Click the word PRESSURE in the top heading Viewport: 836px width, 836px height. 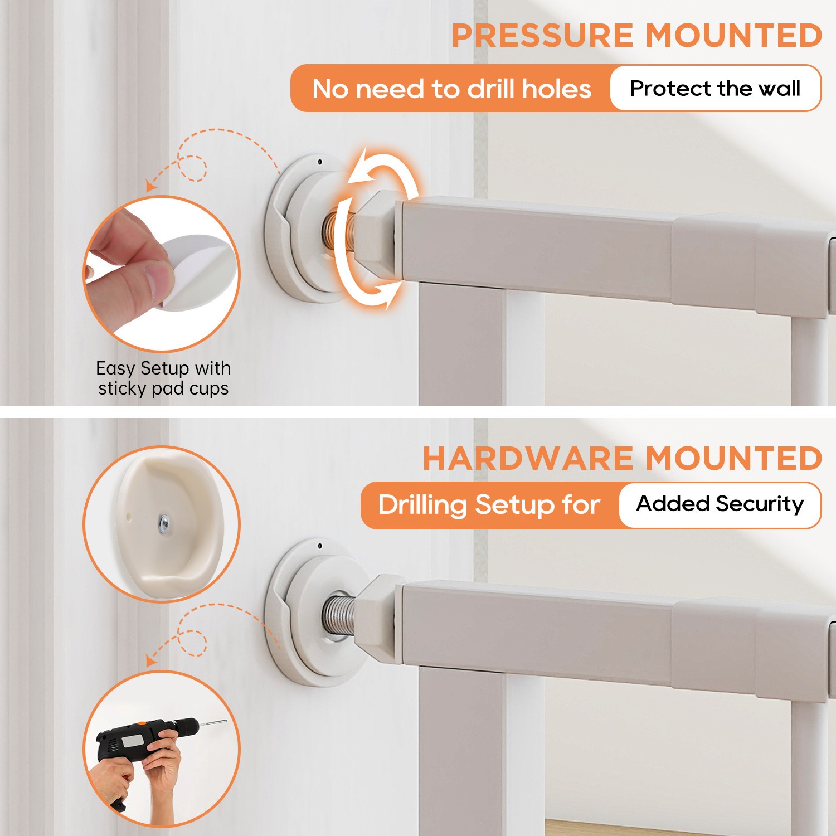click(x=542, y=36)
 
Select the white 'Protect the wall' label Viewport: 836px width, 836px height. click(x=715, y=88)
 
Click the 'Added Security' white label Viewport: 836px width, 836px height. click(x=720, y=504)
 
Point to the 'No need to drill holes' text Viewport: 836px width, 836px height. click(x=451, y=89)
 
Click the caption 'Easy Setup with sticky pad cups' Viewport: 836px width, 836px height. click(x=163, y=378)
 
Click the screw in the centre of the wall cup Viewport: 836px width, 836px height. click(x=164, y=524)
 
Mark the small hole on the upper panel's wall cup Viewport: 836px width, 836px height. click(x=320, y=162)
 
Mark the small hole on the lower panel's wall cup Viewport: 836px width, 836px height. click(x=320, y=546)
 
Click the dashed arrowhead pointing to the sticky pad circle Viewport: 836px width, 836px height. click(x=150, y=187)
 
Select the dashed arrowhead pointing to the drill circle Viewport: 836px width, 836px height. click(x=150, y=661)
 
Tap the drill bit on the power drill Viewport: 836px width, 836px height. click(x=213, y=723)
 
